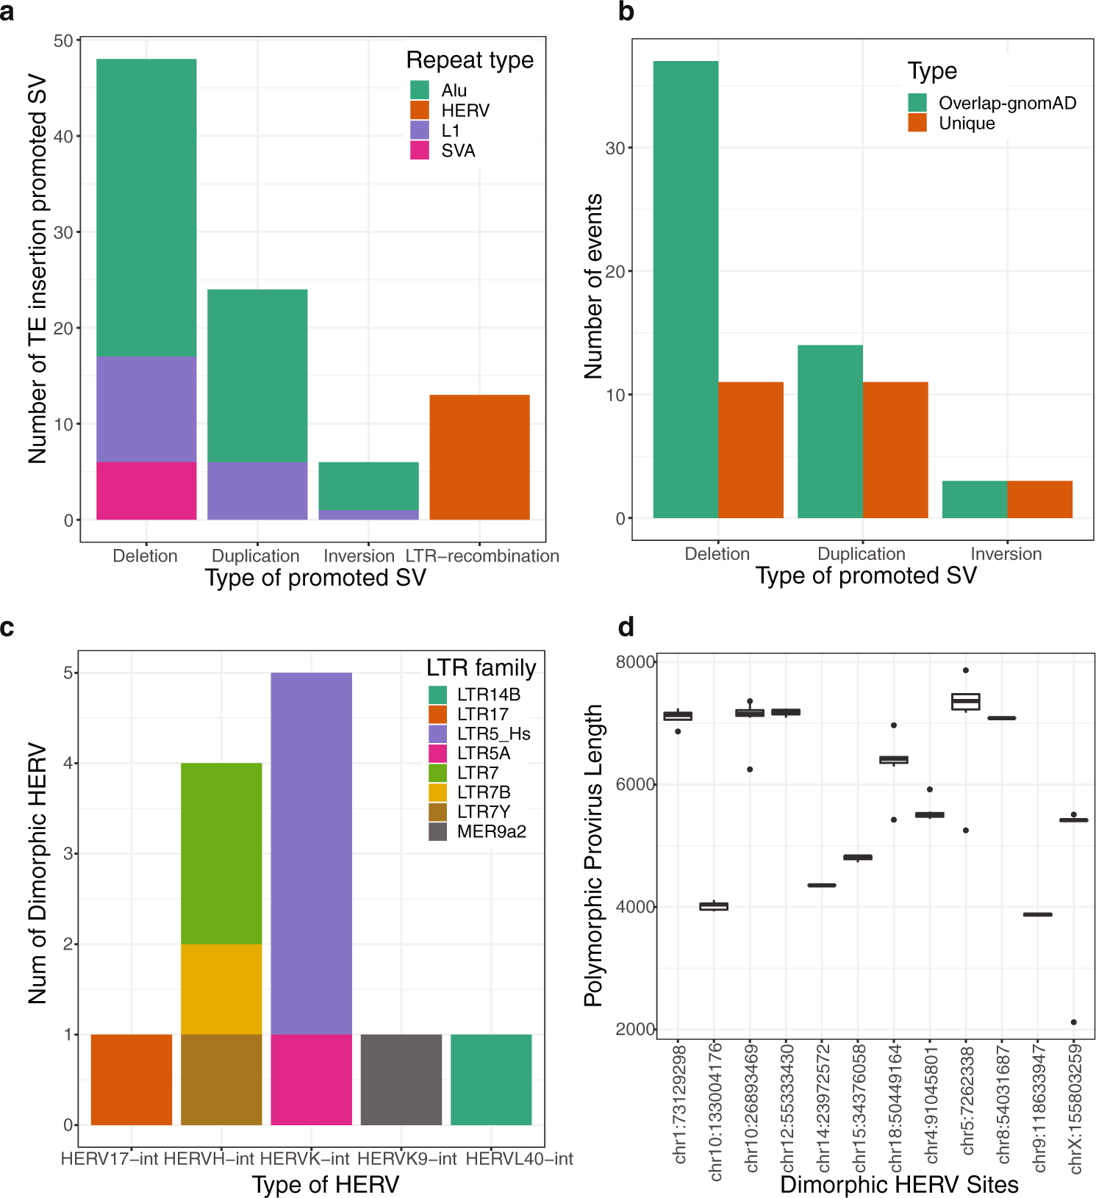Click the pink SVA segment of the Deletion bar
click(x=146, y=490)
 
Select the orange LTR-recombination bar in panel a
click(x=479, y=457)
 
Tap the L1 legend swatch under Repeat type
click(x=420, y=130)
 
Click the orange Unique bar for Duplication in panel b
click(x=895, y=450)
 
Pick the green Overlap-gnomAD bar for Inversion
click(x=975, y=499)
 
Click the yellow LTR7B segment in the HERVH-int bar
click(x=221, y=989)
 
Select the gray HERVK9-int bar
click(x=401, y=1079)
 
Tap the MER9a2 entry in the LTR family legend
click(x=491, y=831)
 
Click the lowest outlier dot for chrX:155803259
click(x=1074, y=1022)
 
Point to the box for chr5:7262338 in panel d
click(x=966, y=701)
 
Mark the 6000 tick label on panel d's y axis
click(x=635, y=784)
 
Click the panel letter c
click(x=7, y=628)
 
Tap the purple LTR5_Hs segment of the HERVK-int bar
click(x=312, y=853)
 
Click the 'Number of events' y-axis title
click(x=592, y=287)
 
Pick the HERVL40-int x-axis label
click(x=519, y=1159)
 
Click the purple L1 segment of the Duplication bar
click(x=257, y=490)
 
